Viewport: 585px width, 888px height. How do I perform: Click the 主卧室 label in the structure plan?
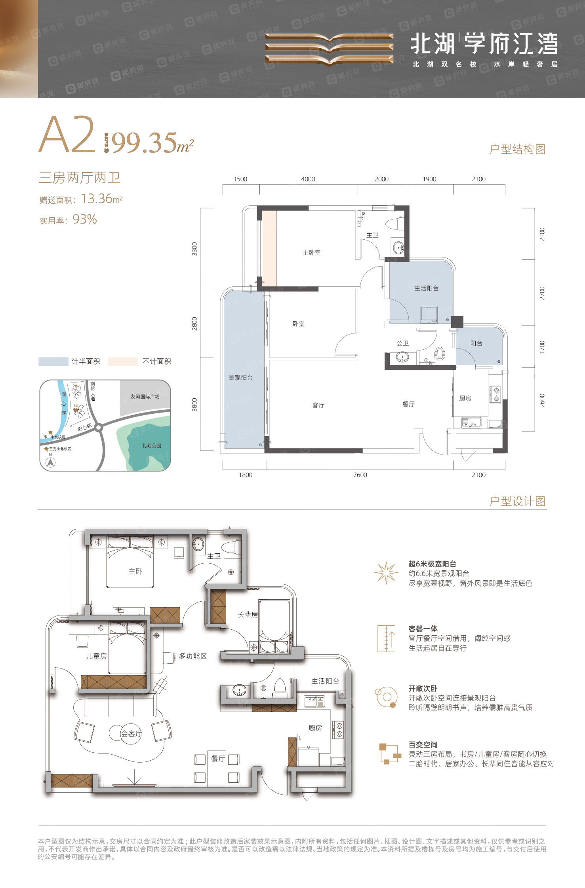pyautogui.click(x=311, y=252)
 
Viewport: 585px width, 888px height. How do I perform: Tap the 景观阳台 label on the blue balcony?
pyautogui.click(x=240, y=378)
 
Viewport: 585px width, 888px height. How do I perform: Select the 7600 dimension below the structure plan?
pyautogui.click(x=360, y=475)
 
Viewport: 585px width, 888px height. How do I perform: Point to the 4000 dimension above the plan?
pyautogui.click(x=308, y=179)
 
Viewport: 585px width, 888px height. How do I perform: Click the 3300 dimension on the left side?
pyautogui.click(x=194, y=249)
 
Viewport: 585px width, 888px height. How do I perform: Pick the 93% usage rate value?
pyautogui.click(x=85, y=219)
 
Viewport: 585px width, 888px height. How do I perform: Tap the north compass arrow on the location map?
pyautogui.click(x=51, y=462)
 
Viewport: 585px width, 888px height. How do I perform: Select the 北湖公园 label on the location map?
pyautogui.click(x=152, y=445)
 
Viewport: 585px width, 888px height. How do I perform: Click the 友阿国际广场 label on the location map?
pyautogui.click(x=145, y=396)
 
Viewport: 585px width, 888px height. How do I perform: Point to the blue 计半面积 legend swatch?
pyautogui.click(x=53, y=362)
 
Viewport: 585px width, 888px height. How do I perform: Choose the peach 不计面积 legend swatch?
pyautogui.click(x=123, y=362)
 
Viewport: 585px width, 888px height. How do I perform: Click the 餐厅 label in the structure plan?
pyautogui.click(x=408, y=404)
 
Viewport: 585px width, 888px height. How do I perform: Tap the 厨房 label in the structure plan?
pyautogui.click(x=465, y=398)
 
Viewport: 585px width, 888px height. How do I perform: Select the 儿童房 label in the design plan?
pyautogui.click(x=96, y=656)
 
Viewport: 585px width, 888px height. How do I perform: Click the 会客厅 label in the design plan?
pyautogui.click(x=131, y=733)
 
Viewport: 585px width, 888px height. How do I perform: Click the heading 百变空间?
pyautogui.click(x=423, y=744)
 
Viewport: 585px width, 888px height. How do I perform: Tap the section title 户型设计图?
pyautogui.click(x=517, y=501)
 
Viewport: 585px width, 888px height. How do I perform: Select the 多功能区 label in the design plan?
pyautogui.click(x=192, y=656)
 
